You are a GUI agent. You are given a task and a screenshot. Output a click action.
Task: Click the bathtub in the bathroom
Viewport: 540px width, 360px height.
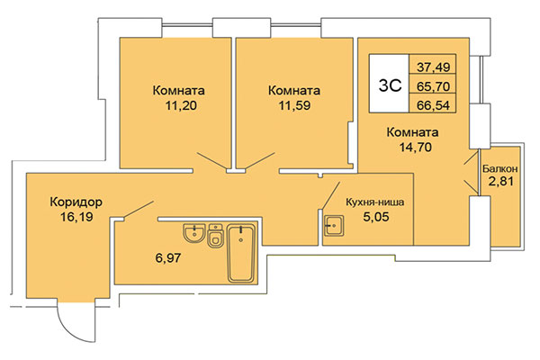tap(242, 255)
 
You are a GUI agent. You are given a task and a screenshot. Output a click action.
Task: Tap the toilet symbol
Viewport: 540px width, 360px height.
tap(215, 238)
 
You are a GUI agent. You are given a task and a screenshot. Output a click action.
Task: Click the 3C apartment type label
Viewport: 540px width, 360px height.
tap(389, 85)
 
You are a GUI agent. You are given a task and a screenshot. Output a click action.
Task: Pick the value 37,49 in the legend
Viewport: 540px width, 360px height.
tap(433, 67)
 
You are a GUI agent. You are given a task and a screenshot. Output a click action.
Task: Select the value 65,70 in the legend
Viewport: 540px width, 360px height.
tap(433, 86)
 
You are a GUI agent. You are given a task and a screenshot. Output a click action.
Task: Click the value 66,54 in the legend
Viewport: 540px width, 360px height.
tap(433, 106)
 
